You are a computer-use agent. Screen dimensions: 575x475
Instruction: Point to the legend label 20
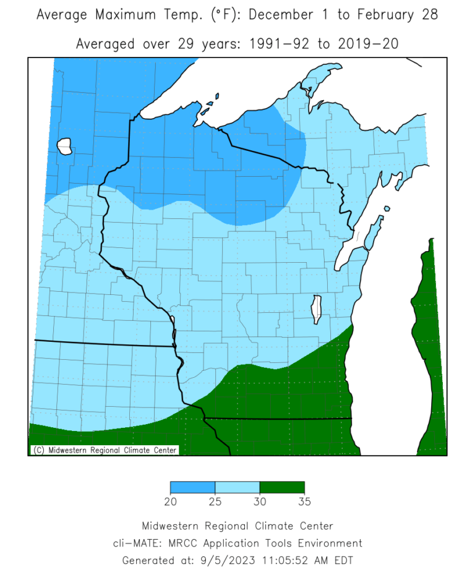(170, 501)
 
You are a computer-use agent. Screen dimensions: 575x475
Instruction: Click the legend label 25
(215, 501)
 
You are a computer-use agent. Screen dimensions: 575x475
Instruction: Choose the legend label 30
(260, 501)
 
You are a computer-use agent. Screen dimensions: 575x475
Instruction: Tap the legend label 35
(304, 501)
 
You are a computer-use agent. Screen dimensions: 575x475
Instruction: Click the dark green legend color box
(282, 488)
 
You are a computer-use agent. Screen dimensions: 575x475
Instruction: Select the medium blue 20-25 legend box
(192, 488)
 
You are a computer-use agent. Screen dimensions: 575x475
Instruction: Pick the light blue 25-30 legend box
(237, 488)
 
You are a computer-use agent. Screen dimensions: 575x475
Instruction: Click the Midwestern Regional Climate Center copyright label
(105, 450)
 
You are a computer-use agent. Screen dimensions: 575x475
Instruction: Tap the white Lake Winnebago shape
(317, 309)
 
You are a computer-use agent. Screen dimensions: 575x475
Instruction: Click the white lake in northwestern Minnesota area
(65, 147)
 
